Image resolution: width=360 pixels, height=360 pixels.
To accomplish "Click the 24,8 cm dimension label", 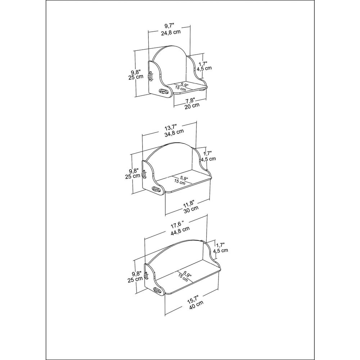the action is click(171, 32).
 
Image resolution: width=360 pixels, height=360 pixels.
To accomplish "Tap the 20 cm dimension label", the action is click(192, 106).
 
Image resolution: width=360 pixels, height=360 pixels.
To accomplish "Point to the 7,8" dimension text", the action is click(190, 100).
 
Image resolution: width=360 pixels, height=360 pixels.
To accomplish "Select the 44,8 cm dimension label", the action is click(180, 230).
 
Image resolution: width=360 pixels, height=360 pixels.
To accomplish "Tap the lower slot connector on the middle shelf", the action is click(156, 190).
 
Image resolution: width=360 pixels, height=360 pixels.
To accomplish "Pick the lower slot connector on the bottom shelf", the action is click(157, 291).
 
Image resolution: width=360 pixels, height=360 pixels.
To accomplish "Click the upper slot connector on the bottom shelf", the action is click(146, 275).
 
